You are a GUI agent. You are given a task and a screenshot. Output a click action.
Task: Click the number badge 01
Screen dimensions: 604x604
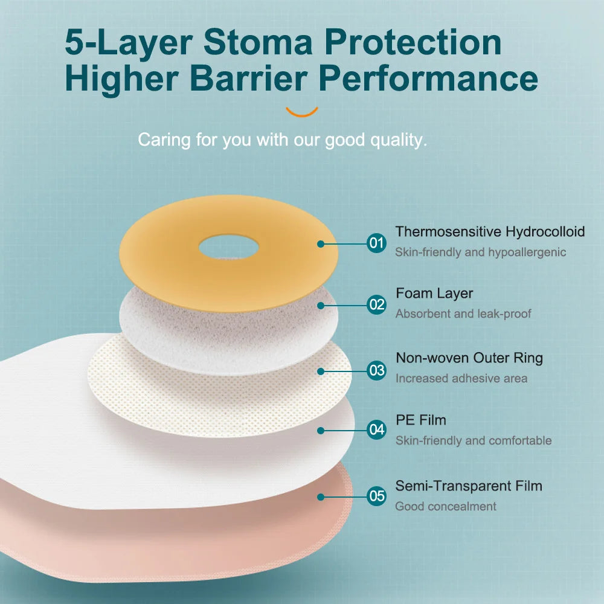pyautogui.click(x=376, y=243)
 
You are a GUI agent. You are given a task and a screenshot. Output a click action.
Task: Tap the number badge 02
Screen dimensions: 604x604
pyautogui.click(x=376, y=304)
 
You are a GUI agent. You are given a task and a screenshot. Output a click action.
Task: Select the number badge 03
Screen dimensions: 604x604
pyautogui.click(x=376, y=370)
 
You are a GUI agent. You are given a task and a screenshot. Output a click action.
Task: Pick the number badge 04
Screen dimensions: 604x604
pyautogui.click(x=376, y=430)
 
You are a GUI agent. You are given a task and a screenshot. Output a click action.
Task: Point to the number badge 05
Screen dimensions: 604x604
pyautogui.click(x=376, y=496)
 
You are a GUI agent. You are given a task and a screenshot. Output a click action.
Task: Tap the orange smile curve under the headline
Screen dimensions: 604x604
pyautogui.click(x=301, y=112)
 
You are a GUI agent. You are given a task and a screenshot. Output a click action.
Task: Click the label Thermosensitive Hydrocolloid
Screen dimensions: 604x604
pyautogui.click(x=490, y=231)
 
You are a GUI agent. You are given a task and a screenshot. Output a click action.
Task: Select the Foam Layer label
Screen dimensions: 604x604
pyautogui.click(x=434, y=294)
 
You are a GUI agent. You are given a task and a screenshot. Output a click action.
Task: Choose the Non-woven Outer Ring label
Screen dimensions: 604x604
pyautogui.click(x=469, y=358)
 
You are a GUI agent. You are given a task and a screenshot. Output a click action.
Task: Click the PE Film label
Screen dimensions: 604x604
pyautogui.click(x=421, y=420)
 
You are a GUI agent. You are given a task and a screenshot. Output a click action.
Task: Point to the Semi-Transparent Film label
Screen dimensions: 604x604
pyautogui.click(x=469, y=486)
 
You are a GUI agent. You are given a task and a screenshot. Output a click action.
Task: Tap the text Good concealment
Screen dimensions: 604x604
pyautogui.click(x=446, y=506)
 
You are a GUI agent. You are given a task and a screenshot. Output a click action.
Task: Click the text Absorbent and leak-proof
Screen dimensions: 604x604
pyautogui.click(x=463, y=314)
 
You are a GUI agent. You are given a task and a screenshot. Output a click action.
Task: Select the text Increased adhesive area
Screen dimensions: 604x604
pyautogui.click(x=461, y=379)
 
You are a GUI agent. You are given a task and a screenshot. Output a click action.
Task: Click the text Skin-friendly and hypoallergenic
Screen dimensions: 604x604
pyautogui.click(x=481, y=252)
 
